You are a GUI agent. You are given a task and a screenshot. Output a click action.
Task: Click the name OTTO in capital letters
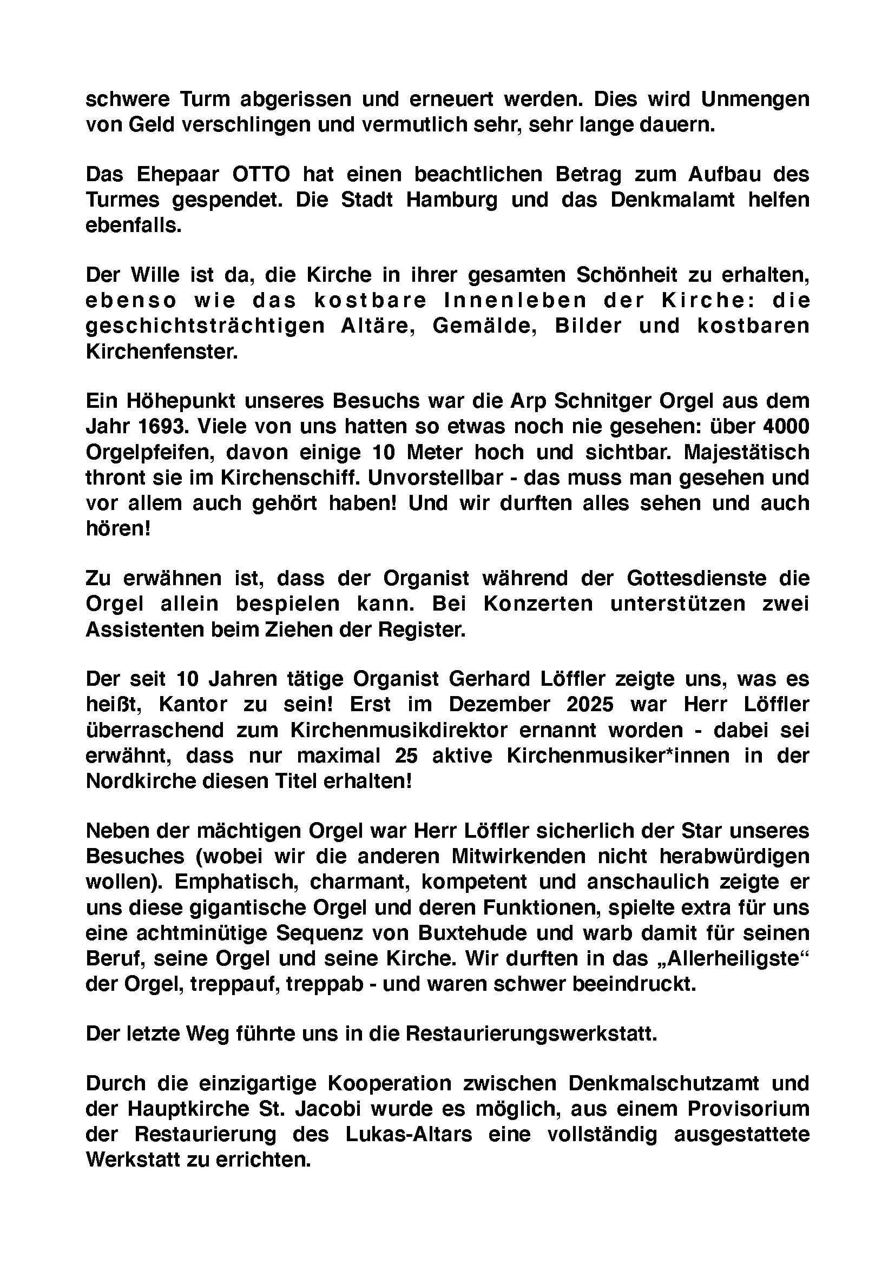(261, 175)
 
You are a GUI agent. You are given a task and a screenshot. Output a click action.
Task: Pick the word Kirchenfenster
(161, 352)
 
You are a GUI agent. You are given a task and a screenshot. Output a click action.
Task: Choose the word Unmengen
(755, 100)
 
